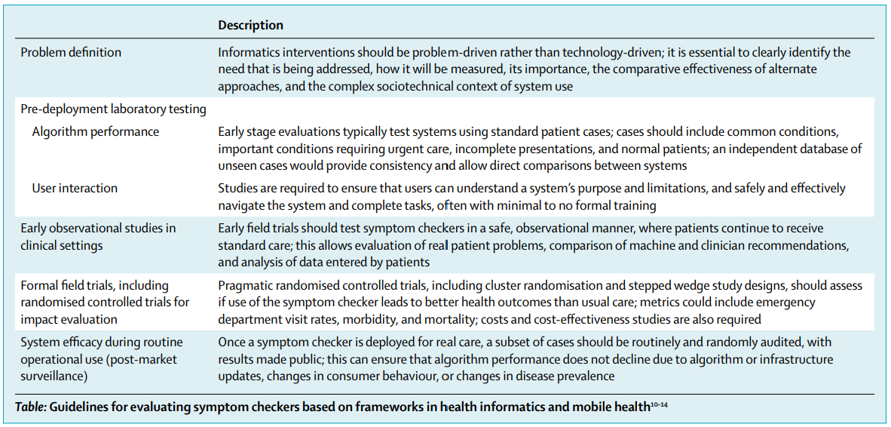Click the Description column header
coord(250,26)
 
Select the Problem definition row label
coord(71,53)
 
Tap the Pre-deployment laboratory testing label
coord(113,109)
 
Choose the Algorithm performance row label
coord(96,132)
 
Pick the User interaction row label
coord(75,188)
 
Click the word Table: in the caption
coord(31,407)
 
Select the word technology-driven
coord(608,53)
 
